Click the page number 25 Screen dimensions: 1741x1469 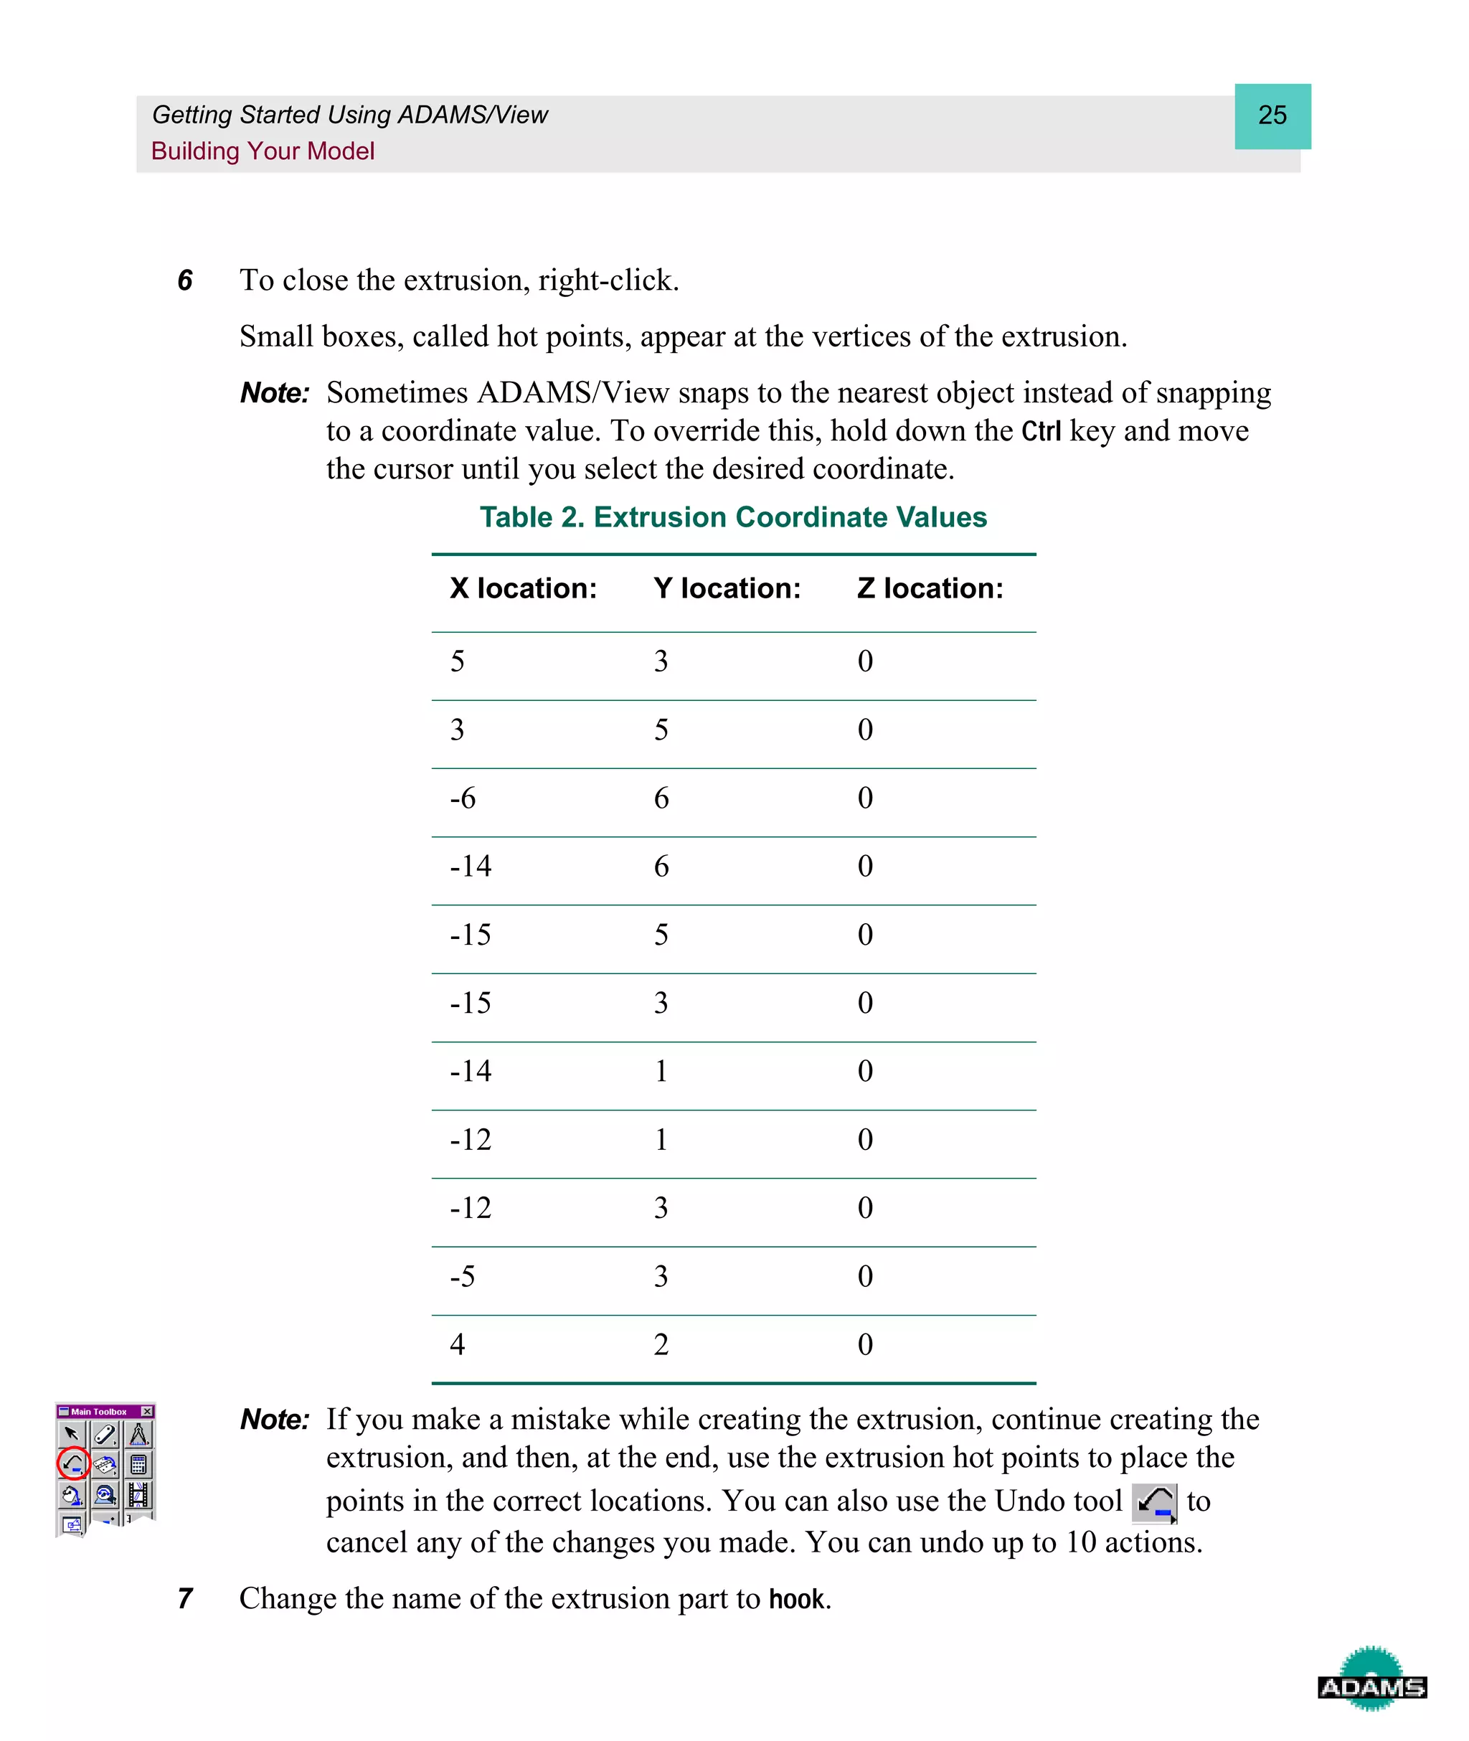point(1272,115)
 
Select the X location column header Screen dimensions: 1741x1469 point(523,589)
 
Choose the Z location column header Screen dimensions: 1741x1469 point(930,589)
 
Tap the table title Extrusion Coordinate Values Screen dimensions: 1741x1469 point(733,517)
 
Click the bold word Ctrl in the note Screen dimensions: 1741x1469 point(1041,431)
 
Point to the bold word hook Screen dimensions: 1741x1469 point(797,1600)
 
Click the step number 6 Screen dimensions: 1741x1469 point(185,280)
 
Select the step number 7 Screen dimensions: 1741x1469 point(185,1599)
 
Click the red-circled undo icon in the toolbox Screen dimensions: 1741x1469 point(73,1463)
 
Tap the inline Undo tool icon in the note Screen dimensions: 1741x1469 point(1154,1503)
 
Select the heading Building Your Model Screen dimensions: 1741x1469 point(263,151)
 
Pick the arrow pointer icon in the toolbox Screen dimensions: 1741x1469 point(72,1434)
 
